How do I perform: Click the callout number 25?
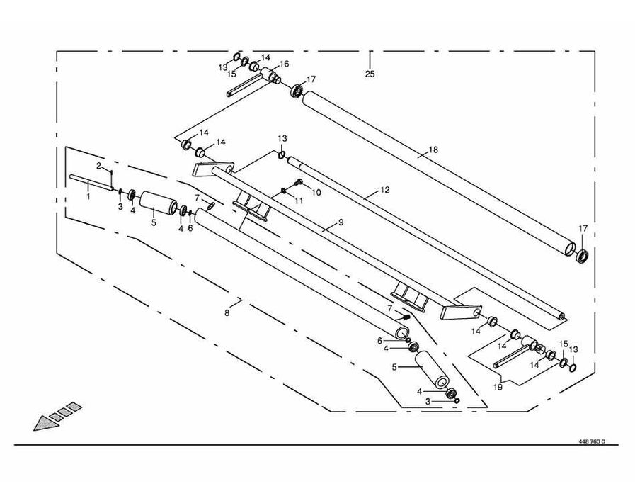tap(370, 74)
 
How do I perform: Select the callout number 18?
tap(433, 150)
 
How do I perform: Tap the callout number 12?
tap(384, 191)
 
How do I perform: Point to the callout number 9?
tap(340, 222)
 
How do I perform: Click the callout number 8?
tap(227, 312)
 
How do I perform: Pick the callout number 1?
tap(88, 196)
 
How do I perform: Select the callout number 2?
tap(100, 165)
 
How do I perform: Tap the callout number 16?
tap(284, 64)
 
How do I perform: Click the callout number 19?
tap(498, 388)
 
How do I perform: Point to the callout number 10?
tap(316, 192)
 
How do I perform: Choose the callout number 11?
tap(299, 201)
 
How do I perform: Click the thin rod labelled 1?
tap(92, 183)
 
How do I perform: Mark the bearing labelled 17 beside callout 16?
tap(297, 91)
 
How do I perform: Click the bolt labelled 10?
tap(297, 184)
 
